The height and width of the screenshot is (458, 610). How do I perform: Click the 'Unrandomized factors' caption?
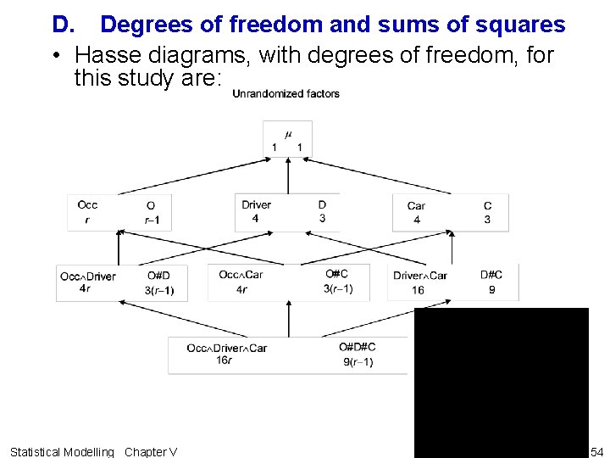[x=286, y=94]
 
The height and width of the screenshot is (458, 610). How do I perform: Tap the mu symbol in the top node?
[x=287, y=133]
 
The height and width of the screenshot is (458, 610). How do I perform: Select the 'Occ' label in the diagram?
[x=87, y=204]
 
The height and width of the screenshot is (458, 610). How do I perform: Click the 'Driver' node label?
[x=256, y=204]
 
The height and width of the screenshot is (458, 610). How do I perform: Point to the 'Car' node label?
[x=416, y=205]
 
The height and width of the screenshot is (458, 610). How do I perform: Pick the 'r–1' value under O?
[x=152, y=221]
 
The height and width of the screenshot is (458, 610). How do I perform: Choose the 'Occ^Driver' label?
[x=87, y=276]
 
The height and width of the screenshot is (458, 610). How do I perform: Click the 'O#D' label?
[x=158, y=276]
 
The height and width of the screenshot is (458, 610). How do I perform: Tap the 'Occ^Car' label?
[x=241, y=275]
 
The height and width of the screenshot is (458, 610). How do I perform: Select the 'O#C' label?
[x=336, y=274]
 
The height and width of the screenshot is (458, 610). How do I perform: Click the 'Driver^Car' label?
[x=420, y=276]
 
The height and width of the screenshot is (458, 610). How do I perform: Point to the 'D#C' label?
[x=491, y=275]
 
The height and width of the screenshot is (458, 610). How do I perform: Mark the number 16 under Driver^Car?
[x=418, y=290]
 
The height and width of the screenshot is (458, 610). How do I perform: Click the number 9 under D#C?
[x=491, y=290]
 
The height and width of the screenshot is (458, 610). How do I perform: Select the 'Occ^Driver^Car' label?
[x=226, y=348]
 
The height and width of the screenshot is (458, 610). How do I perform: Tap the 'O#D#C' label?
[x=357, y=347]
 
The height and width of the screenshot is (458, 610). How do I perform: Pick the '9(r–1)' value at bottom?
[x=358, y=362]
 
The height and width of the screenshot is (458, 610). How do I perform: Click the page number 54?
[x=597, y=451]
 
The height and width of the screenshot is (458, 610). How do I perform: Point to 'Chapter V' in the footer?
[x=151, y=451]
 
